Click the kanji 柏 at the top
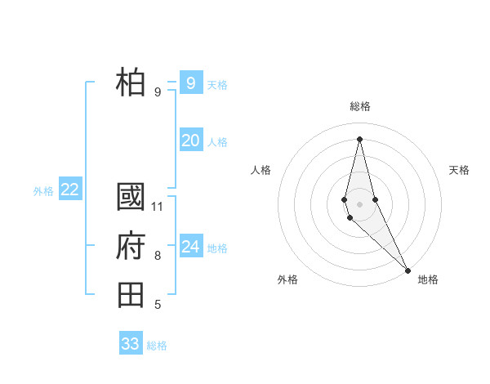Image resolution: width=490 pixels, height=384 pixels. tap(131, 82)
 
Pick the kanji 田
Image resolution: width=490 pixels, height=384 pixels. tap(131, 293)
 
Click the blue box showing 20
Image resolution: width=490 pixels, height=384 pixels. tap(190, 141)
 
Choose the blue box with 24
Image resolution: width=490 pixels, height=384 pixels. tap(190, 247)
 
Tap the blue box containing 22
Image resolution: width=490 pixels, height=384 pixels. tap(69, 190)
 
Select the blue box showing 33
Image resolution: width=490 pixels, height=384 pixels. tap(131, 343)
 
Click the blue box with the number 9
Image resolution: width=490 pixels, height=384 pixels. tap(190, 83)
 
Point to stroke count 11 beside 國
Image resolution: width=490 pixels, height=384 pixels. tap(158, 206)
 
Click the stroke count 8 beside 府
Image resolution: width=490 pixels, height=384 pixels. tap(158, 256)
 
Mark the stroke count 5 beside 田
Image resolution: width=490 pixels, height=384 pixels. tap(158, 305)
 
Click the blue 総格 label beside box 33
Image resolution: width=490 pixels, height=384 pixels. tap(157, 346)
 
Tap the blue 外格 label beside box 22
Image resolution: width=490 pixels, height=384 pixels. tap(43, 191)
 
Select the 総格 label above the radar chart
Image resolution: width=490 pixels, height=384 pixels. tap(360, 106)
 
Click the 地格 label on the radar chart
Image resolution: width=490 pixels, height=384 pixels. tap(428, 279)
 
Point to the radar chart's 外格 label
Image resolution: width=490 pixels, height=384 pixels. tap(287, 279)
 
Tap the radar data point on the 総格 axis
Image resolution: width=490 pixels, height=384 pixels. tap(359, 139)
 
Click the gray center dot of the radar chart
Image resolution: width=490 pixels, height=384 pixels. tap(359, 203)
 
